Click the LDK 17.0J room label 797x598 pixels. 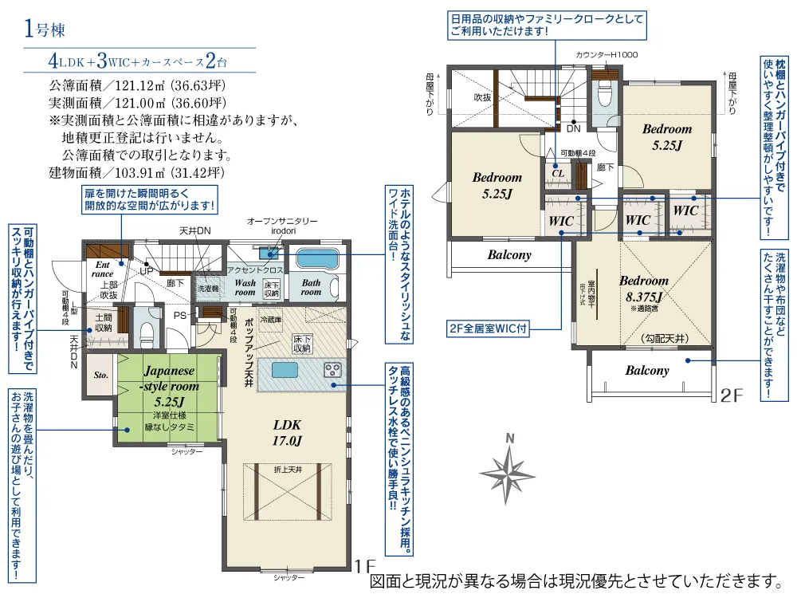pos(286,431)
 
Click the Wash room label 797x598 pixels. pos(245,287)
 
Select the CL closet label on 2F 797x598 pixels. pos(558,171)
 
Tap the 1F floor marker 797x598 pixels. pos(364,567)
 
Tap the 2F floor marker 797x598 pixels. pos(731,395)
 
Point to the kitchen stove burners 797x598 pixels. pos(332,371)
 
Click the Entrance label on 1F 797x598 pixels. pos(102,269)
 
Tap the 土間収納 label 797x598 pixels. pos(104,322)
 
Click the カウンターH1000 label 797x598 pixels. pos(607,55)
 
